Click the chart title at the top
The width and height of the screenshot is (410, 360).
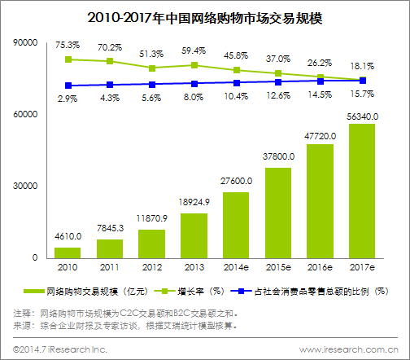pyautogui.click(x=205, y=16)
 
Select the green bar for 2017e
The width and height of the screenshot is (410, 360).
pyautogui.click(x=362, y=191)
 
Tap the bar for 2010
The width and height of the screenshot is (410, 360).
pyautogui.click(x=67, y=252)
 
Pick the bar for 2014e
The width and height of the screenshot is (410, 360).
pyautogui.click(x=236, y=225)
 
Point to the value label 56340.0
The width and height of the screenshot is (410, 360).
pyautogui.click(x=363, y=116)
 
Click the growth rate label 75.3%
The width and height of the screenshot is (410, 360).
pyautogui.click(x=68, y=46)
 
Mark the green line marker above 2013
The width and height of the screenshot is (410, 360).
pyautogui.click(x=194, y=65)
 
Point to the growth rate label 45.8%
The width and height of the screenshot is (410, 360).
pyautogui.click(x=236, y=55)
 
